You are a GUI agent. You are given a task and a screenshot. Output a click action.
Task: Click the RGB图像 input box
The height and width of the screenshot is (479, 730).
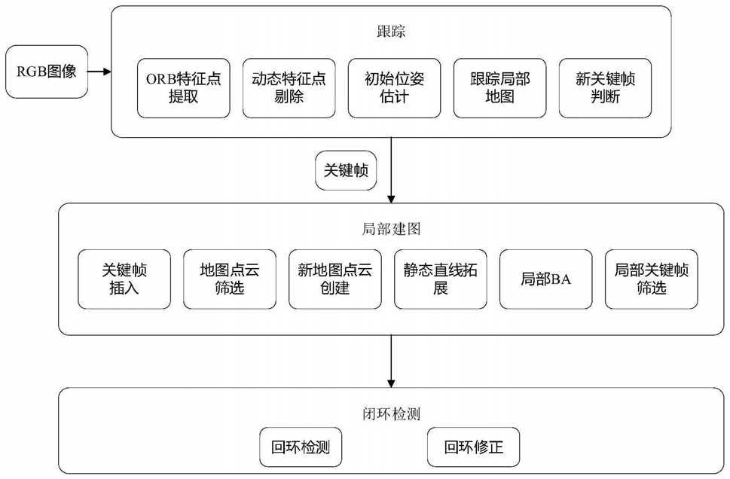[x=47, y=72]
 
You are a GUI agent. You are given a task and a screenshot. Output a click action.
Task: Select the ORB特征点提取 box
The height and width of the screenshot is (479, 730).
[x=183, y=88]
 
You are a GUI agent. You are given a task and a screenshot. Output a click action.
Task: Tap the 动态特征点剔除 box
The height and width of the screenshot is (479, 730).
[x=289, y=88]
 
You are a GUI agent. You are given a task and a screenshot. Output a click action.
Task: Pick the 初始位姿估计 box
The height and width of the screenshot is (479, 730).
[x=394, y=88]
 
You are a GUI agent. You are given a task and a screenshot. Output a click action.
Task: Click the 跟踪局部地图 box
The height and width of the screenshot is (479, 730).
[x=499, y=88]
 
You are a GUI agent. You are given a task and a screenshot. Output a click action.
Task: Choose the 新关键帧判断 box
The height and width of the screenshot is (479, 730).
[x=605, y=88]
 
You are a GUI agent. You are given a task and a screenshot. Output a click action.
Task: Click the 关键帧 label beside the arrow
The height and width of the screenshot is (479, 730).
[x=346, y=170]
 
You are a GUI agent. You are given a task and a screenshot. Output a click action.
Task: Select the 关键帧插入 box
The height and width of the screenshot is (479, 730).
[x=124, y=279]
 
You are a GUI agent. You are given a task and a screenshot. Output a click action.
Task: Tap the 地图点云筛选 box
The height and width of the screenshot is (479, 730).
[x=230, y=279]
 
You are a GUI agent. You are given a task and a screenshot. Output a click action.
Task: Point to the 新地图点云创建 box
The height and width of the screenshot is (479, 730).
[x=335, y=279]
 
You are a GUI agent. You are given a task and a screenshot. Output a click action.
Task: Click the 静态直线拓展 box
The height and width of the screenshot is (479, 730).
[x=441, y=279]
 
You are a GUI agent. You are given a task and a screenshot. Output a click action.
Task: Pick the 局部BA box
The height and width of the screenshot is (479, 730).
[x=546, y=279]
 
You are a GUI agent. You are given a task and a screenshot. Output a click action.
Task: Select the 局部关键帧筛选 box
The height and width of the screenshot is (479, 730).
[x=652, y=279]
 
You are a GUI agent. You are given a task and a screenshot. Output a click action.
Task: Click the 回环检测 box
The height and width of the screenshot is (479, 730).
[x=301, y=447]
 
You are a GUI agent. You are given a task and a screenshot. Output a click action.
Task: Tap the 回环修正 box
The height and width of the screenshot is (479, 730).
[x=473, y=447]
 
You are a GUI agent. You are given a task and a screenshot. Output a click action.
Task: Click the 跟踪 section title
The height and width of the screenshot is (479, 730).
[x=391, y=31]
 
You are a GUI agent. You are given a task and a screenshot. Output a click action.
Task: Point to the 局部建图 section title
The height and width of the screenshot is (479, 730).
[x=391, y=229]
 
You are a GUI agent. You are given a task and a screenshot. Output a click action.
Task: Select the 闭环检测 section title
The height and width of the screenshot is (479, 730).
[x=391, y=413]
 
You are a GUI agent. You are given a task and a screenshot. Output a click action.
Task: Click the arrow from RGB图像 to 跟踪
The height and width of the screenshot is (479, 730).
[x=99, y=72]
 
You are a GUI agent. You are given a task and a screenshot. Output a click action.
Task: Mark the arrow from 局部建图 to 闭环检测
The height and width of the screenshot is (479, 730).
[x=391, y=362]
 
